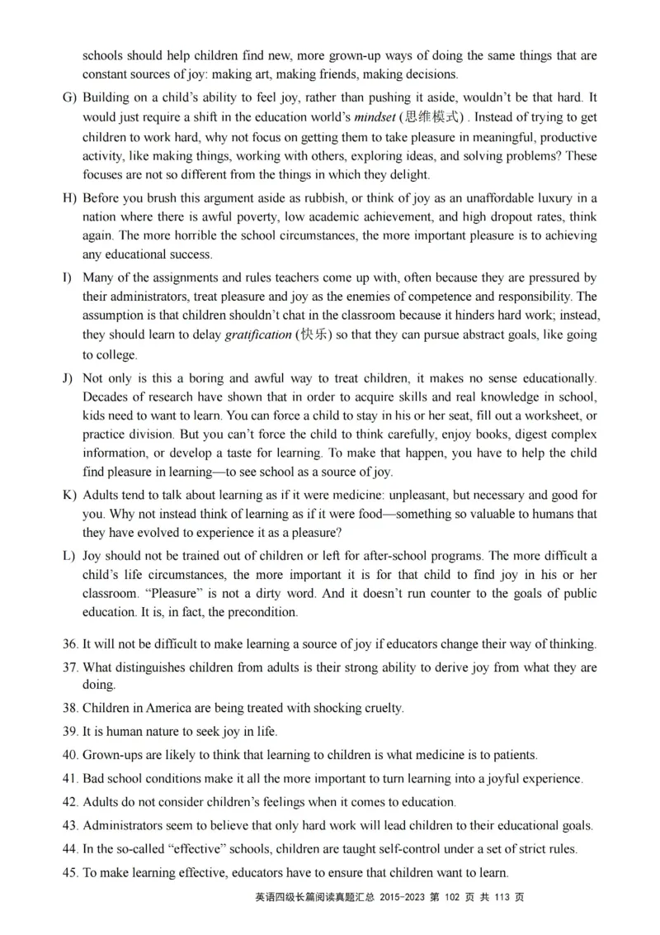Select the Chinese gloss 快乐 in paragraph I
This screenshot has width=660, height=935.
(314, 335)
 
